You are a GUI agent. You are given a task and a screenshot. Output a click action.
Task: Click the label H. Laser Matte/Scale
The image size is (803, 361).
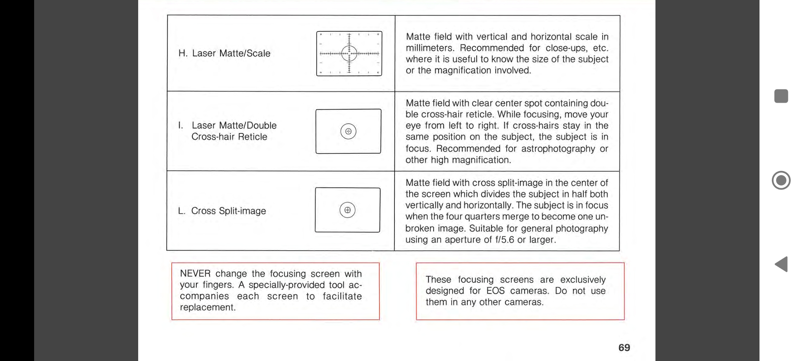tap(224, 53)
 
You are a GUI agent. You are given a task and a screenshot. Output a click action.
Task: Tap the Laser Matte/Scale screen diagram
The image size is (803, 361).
tap(349, 53)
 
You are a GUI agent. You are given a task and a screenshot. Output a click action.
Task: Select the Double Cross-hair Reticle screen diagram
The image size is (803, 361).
tap(348, 131)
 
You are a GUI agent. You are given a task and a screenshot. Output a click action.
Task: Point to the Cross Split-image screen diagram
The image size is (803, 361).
tap(347, 210)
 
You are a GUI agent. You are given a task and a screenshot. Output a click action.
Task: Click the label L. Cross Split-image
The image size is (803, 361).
tap(222, 211)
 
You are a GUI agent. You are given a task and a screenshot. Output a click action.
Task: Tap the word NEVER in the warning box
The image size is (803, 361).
tap(195, 274)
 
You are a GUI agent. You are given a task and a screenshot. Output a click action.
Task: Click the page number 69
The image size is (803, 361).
tap(624, 348)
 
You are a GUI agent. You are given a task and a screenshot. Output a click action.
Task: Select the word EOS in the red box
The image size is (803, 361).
tap(495, 291)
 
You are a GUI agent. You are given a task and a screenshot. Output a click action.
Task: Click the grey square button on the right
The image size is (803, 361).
tap(781, 96)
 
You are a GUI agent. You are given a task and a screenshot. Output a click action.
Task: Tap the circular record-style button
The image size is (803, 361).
tap(781, 180)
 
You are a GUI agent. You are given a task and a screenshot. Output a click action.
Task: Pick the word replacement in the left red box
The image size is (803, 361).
tap(207, 308)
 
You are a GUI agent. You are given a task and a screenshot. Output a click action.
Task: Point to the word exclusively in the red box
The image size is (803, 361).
tap(583, 280)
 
